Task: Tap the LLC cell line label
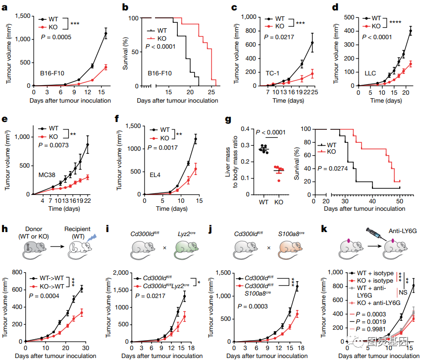coord(370,73)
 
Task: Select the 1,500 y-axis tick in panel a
coord(20,16)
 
